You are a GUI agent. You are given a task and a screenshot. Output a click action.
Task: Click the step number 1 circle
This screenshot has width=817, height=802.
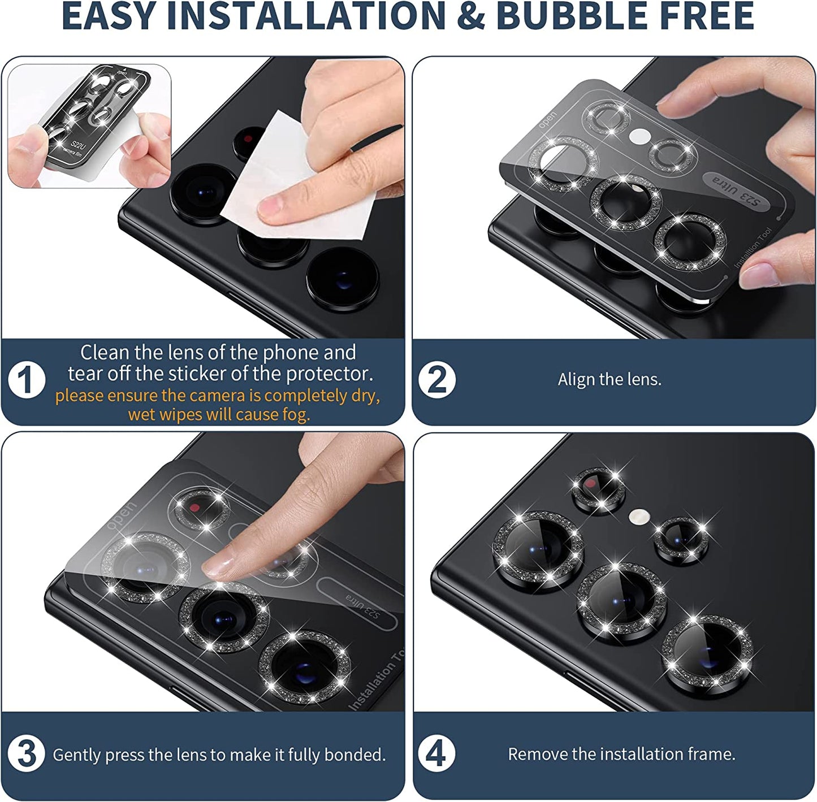[x=27, y=380]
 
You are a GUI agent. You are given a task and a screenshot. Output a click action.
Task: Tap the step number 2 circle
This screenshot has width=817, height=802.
[x=437, y=380]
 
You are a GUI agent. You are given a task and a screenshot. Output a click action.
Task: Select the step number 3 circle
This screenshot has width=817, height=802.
[x=26, y=754]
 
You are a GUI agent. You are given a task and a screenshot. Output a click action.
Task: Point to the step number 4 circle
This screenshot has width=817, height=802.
[x=437, y=754]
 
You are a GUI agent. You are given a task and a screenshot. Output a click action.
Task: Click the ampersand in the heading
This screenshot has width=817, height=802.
[x=470, y=15]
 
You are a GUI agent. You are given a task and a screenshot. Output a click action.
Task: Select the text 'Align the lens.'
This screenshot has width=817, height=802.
[x=609, y=379]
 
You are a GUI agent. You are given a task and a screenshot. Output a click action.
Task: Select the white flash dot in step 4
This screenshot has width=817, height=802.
[x=639, y=517]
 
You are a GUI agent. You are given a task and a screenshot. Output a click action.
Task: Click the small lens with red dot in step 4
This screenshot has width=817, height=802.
[x=598, y=490]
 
